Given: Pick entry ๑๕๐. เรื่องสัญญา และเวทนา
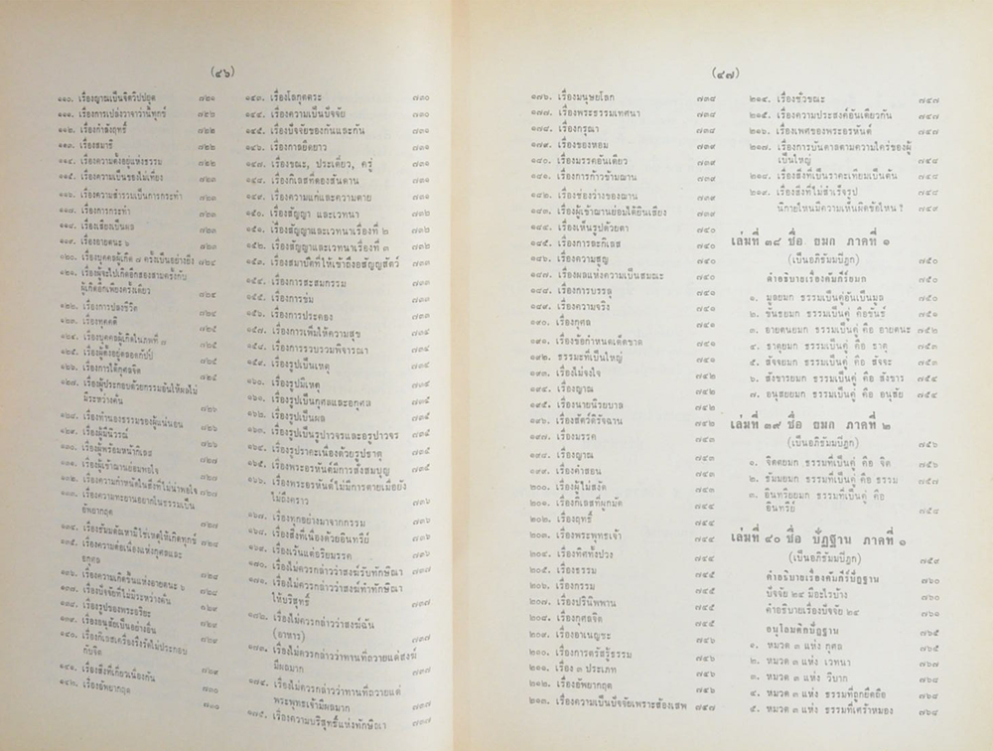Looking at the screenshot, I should (x=308, y=212).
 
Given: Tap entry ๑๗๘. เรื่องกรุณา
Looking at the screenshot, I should (x=571, y=129).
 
